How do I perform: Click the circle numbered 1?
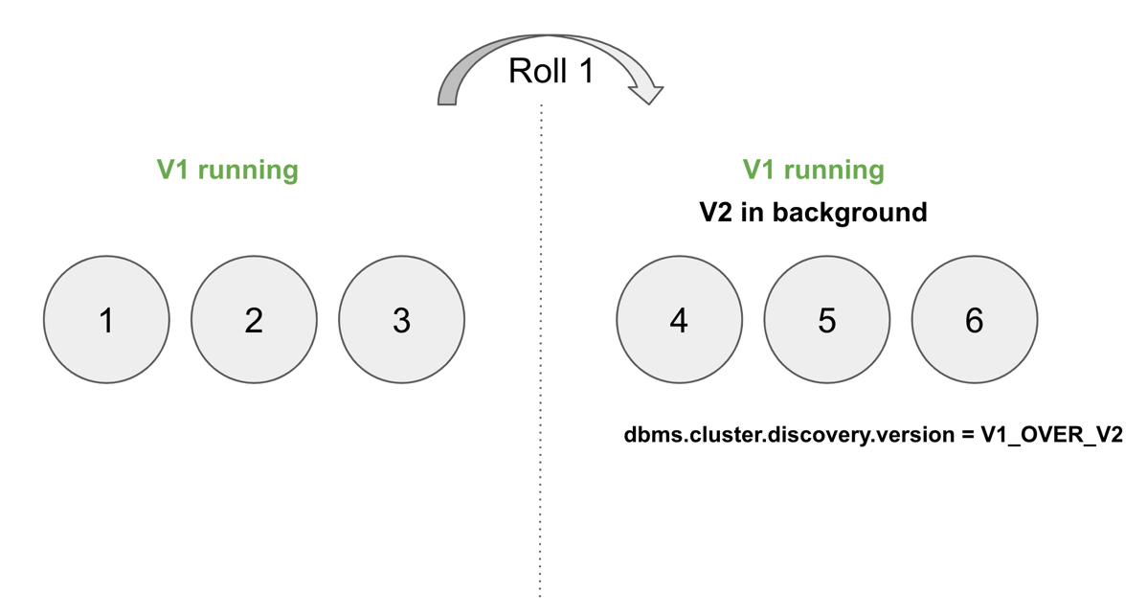(x=106, y=320)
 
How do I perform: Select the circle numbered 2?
(x=254, y=320)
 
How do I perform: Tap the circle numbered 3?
(x=401, y=320)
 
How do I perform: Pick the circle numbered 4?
(x=679, y=320)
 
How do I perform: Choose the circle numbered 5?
(x=826, y=320)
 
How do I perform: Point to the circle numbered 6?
(x=974, y=320)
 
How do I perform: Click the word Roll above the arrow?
(x=536, y=70)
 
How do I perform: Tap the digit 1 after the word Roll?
(x=582, y=70)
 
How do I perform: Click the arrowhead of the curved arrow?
(x=646, y=92)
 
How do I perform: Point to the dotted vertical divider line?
(x=541, y=383)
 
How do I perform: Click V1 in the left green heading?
(x=173, y=171)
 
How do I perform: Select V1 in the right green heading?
(x=759, y=171)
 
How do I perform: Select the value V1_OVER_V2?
(x=1050, y=435)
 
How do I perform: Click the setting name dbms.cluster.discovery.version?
(x=786, y=434)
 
